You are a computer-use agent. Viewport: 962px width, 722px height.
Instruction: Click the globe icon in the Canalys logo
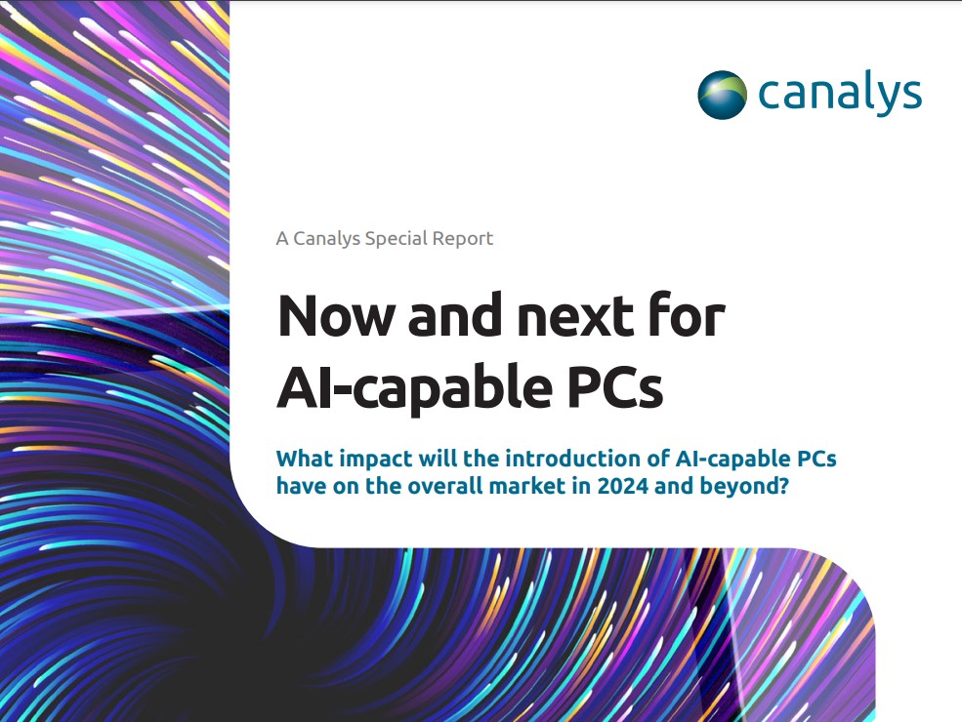723,95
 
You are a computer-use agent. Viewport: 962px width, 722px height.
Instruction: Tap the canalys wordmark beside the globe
839,95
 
